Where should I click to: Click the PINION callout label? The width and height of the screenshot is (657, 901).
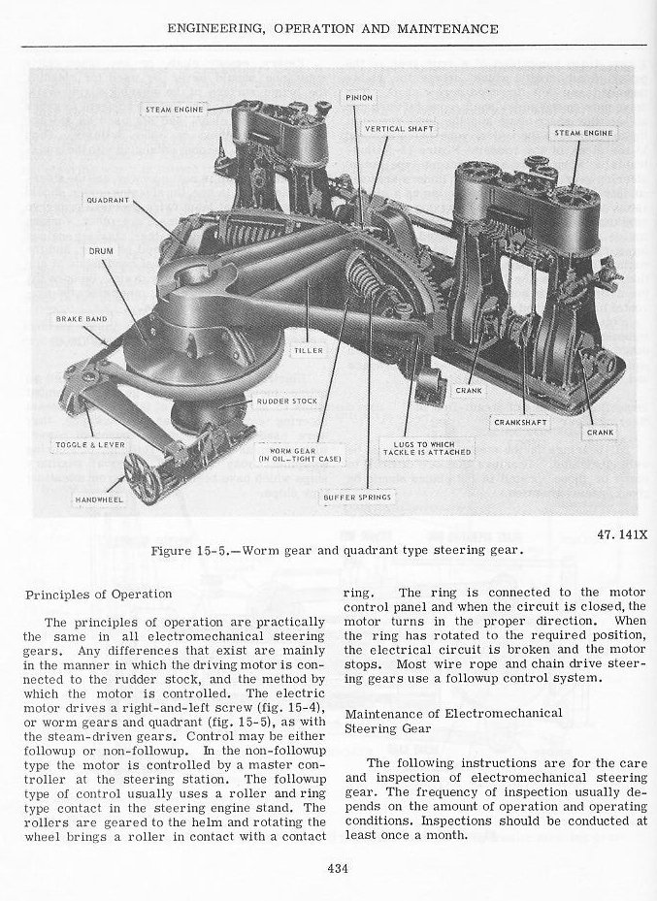tap(359, 98)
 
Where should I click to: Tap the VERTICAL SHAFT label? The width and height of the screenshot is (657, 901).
tap(399, 128)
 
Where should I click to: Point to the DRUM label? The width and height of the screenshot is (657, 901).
tap(102, 251)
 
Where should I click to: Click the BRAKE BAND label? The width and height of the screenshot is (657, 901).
tap(82, 318)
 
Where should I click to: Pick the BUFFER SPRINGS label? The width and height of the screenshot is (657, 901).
tap(357, 497)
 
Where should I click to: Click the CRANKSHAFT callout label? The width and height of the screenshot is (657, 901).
tap(521, 422)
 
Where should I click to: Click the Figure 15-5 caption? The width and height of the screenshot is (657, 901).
tap(338, 550)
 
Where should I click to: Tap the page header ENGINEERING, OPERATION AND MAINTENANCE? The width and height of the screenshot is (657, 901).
tap(333, 29)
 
